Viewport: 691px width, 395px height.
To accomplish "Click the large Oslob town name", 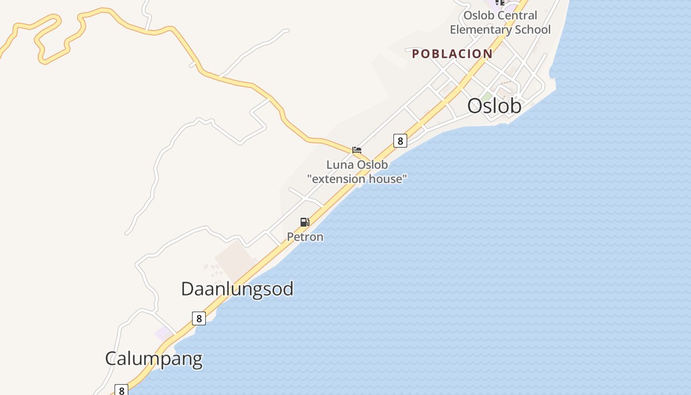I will tap(494, 106).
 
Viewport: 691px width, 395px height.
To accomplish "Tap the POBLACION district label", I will tap(452, 54).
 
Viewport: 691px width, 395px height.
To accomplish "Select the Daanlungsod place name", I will tap(237, 289).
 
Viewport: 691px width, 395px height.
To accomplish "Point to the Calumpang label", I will tap(154, 358).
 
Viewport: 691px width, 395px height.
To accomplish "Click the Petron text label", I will tap(305, 237).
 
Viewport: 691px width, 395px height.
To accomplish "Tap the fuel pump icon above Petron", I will tap(305, 222).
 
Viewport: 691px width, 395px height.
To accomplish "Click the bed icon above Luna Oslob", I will tap(357, 150).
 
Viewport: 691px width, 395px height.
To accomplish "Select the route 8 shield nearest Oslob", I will tap(400, 141).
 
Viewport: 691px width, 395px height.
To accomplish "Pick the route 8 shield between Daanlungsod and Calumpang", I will tap(199, 318).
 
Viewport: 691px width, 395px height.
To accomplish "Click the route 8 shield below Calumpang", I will tap(121, 390).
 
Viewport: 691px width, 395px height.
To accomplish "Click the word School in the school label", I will tap(533, 30).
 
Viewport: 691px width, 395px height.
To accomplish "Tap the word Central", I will tap(517, 15).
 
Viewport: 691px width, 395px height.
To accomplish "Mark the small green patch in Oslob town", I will tap(488, 96).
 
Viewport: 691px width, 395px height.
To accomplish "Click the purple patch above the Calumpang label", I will tap(164, 333).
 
